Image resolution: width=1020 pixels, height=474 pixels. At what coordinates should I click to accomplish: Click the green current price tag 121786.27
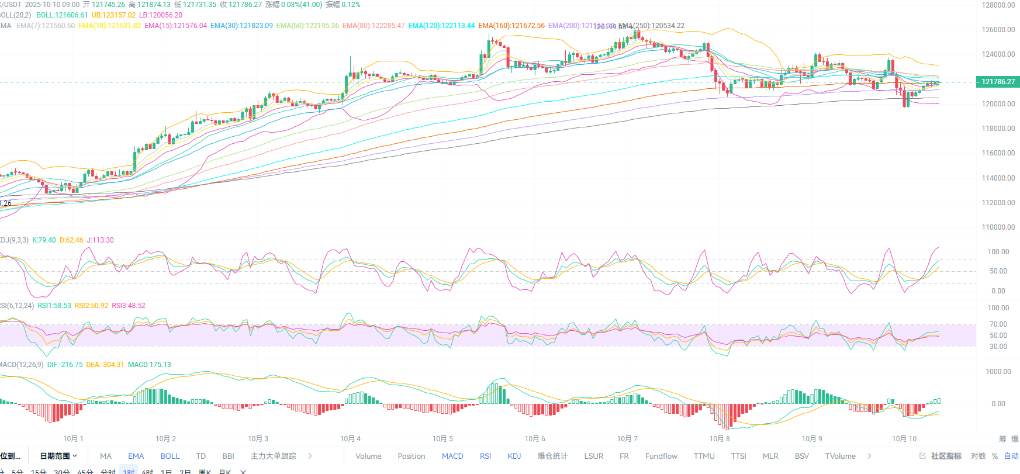pos(998,82)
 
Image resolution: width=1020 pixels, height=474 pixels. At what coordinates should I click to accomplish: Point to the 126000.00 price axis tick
pos(998,30)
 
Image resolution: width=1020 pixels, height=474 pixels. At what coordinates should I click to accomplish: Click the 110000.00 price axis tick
pos(998,227)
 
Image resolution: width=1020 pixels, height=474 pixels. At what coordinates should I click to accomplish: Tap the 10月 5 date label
pos(442,439)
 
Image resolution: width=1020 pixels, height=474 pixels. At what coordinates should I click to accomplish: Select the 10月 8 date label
pos(720,439)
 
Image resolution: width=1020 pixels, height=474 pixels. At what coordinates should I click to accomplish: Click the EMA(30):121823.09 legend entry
pos(241,26)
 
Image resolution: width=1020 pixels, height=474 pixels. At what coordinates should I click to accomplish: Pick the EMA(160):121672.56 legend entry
pos(511,26)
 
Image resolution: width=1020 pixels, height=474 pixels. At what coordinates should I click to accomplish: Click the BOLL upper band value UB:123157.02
pos(113,15)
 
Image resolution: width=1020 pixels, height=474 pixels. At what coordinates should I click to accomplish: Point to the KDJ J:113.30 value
pos(100,240)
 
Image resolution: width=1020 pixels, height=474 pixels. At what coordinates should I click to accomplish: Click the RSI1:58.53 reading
pos(54,306)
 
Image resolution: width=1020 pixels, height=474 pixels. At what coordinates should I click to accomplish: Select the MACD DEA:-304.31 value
pos(105,365)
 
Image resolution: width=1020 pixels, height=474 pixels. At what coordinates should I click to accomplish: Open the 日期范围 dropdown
pos(58,456)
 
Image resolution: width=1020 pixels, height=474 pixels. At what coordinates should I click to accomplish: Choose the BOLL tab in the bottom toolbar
pos(170,456)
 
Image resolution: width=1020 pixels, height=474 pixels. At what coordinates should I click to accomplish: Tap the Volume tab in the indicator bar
pos(368,456)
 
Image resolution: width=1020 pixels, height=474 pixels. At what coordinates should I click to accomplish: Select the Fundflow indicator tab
pos(661,456)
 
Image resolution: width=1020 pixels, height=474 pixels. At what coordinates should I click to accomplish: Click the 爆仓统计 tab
pos(552,456)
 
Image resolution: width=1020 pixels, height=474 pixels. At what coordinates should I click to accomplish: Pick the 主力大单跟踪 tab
pos(274,456)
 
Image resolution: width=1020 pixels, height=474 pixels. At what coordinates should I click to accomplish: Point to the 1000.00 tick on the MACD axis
pos(998,372)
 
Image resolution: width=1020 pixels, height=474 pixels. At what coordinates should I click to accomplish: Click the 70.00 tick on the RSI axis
pos(998,324)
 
